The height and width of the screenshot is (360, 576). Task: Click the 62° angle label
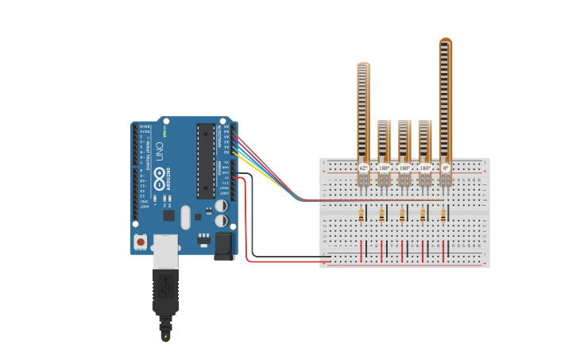coord(363,168)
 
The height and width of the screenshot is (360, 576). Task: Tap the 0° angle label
coord(446,168)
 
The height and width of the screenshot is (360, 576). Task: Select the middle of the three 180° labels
coord(404,168)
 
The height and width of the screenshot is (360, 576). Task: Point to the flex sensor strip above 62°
coord(363,111)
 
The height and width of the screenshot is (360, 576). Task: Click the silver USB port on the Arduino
coord(165,250)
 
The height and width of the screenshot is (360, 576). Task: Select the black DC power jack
coord(225,245)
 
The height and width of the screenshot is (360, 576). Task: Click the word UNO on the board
coord(160,151)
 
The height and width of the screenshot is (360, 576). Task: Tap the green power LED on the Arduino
coord(165,133)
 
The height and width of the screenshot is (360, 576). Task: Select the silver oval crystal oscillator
coord(186,217)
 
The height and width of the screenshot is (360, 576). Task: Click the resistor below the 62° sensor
coord(362,215)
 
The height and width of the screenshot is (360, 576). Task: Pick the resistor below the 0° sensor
coord(443,215)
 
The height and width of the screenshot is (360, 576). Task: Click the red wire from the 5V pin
coord(248,223)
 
